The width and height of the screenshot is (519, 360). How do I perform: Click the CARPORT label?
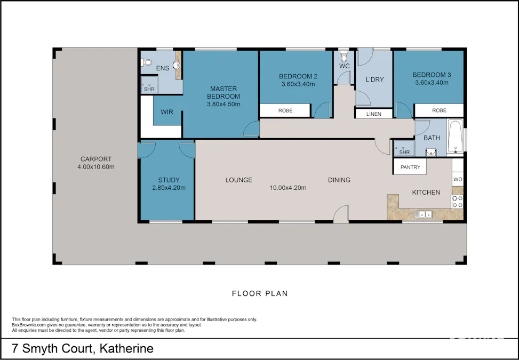coord(96,159)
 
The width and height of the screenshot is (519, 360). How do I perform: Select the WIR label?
coord(166,113)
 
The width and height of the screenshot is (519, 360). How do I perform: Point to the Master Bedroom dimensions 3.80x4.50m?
coord(223,104)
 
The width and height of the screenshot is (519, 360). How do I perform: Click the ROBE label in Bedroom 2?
coord(285,111)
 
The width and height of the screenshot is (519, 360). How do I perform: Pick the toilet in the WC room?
coord(344,57)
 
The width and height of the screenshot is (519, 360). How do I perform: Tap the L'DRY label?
coord(374,80)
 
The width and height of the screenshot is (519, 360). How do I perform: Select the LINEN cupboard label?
coord(374,114)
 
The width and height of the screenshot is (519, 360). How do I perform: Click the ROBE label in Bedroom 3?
coord(439,110)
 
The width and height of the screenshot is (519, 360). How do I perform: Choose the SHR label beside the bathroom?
coord(404,153)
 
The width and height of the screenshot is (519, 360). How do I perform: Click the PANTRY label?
coord(410,167)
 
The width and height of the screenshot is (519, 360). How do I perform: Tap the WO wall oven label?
coord(458,180)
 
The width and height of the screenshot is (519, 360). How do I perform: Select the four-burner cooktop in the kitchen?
coord(458,202)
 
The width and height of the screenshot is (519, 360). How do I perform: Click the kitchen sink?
coord(425,214)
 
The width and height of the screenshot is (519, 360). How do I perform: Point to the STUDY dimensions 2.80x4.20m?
coord(169,188)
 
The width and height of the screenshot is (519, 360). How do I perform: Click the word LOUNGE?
coord(238,180)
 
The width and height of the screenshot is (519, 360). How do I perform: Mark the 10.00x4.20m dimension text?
coord(289,188)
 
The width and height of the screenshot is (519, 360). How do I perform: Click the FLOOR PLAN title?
coord(260,293)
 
